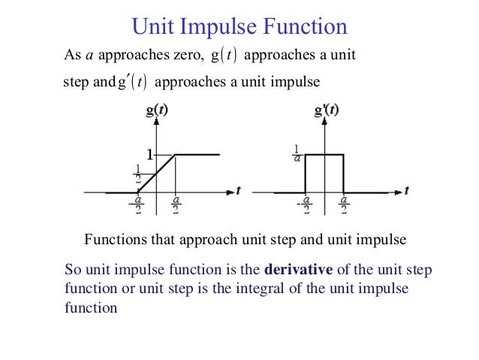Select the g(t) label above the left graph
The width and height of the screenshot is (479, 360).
click(x=155, y=110)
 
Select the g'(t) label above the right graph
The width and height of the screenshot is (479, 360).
click(x=325, y=110)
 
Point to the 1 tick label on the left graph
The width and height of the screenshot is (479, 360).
click(x=149, y=155)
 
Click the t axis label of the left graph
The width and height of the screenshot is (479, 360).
click(x=238, y=191)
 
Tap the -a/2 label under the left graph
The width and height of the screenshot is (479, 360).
click(x=137, y=204)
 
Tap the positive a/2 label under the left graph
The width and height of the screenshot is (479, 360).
click(x=176, y=204)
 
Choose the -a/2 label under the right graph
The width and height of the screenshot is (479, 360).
click(x=304, y=204)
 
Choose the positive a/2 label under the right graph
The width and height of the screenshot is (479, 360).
click(x=343, y=204)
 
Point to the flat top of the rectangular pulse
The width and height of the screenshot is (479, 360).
click(x=324, y=155)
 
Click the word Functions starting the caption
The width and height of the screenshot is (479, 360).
click(x=113, y=241)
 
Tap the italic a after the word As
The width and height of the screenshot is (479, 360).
click(x=86, y=56)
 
